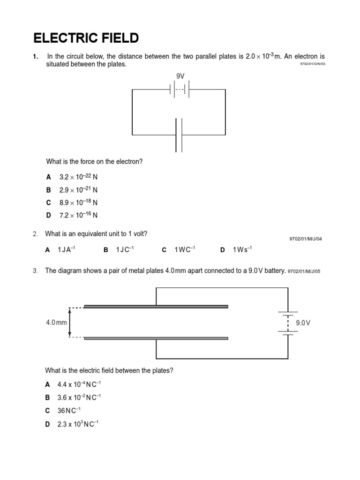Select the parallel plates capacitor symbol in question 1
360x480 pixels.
179,135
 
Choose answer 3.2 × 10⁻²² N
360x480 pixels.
78,177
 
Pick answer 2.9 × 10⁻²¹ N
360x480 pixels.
78,190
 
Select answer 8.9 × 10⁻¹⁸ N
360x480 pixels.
78,202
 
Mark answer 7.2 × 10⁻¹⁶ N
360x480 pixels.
78,215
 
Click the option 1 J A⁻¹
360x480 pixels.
66,250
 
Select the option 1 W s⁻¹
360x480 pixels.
242,250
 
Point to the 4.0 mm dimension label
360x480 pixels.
56,322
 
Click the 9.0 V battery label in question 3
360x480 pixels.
303,323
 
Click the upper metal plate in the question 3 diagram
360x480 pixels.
156,307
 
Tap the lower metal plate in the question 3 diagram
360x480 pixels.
156,338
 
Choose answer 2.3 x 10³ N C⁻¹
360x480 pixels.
78,424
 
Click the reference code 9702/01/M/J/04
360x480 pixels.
306,239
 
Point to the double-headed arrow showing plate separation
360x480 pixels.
70,322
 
